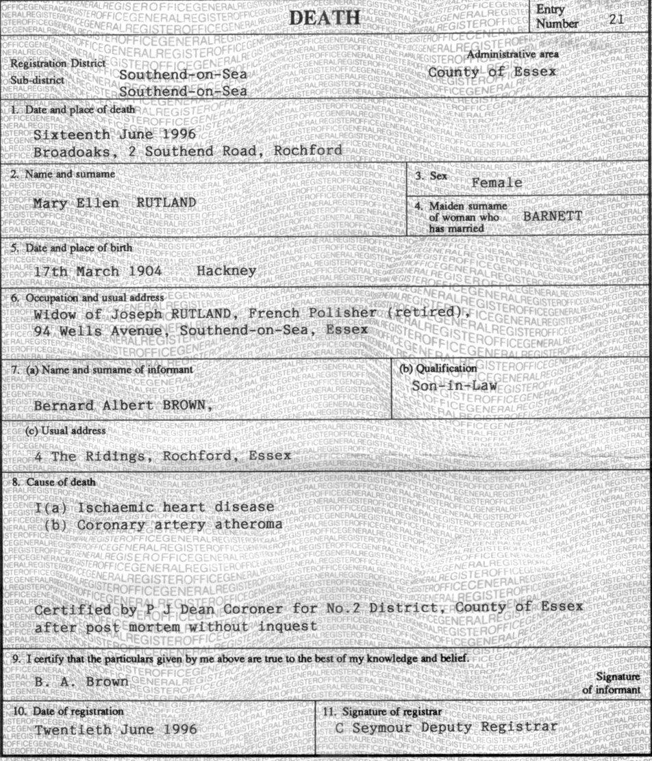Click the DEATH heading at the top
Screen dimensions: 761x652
tap(325, 18)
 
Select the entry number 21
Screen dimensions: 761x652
tap(616, 19)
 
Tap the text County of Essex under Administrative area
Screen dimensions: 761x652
tap(492, 72)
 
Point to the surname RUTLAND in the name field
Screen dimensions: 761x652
tap(166, 203)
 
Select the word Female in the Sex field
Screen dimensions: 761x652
tap(497, 183)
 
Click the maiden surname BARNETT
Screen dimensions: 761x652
tap(553, 216)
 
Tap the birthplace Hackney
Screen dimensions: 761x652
tap(227, 270)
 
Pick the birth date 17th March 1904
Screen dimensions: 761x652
tap(98, 271)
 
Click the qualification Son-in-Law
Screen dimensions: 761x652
tap(455, 385)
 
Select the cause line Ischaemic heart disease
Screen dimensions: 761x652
tap(175, 507)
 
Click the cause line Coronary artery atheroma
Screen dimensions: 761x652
tap(179, 524)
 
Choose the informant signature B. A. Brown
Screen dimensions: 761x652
tap(81, 682)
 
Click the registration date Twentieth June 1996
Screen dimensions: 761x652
tap(115, 730)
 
